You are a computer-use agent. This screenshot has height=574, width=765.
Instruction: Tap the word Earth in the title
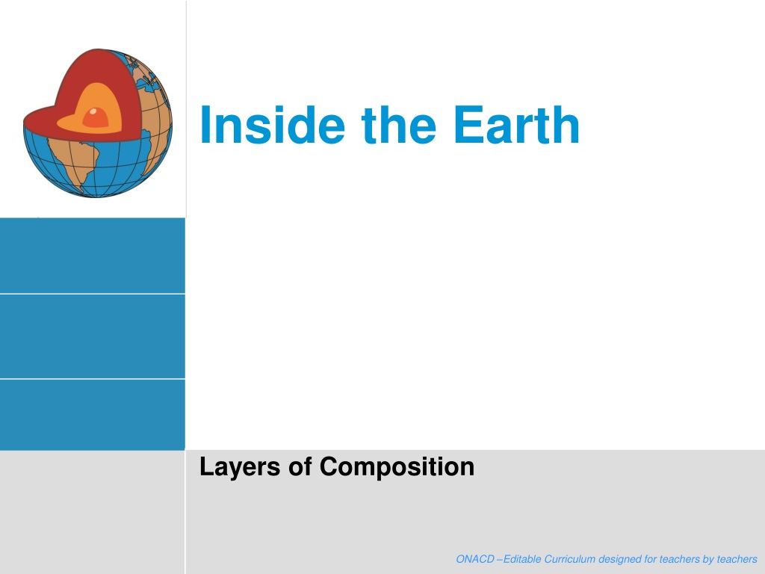516,125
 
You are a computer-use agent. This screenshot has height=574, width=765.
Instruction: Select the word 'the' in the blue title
398,125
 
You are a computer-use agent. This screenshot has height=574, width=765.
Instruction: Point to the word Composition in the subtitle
397,468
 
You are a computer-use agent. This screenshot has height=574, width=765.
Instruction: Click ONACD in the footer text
475,559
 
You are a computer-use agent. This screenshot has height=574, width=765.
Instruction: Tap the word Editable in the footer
521,559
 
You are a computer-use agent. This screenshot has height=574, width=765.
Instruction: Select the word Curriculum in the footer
570,559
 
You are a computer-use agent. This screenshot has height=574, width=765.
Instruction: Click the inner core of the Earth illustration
96,117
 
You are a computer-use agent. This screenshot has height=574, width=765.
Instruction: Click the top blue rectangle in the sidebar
92,256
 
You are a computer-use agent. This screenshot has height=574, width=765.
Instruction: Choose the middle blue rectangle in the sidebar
92,336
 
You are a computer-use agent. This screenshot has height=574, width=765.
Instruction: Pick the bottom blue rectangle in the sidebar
92,414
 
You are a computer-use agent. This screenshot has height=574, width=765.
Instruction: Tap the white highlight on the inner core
93,112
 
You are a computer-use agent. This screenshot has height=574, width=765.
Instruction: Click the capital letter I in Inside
205,125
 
